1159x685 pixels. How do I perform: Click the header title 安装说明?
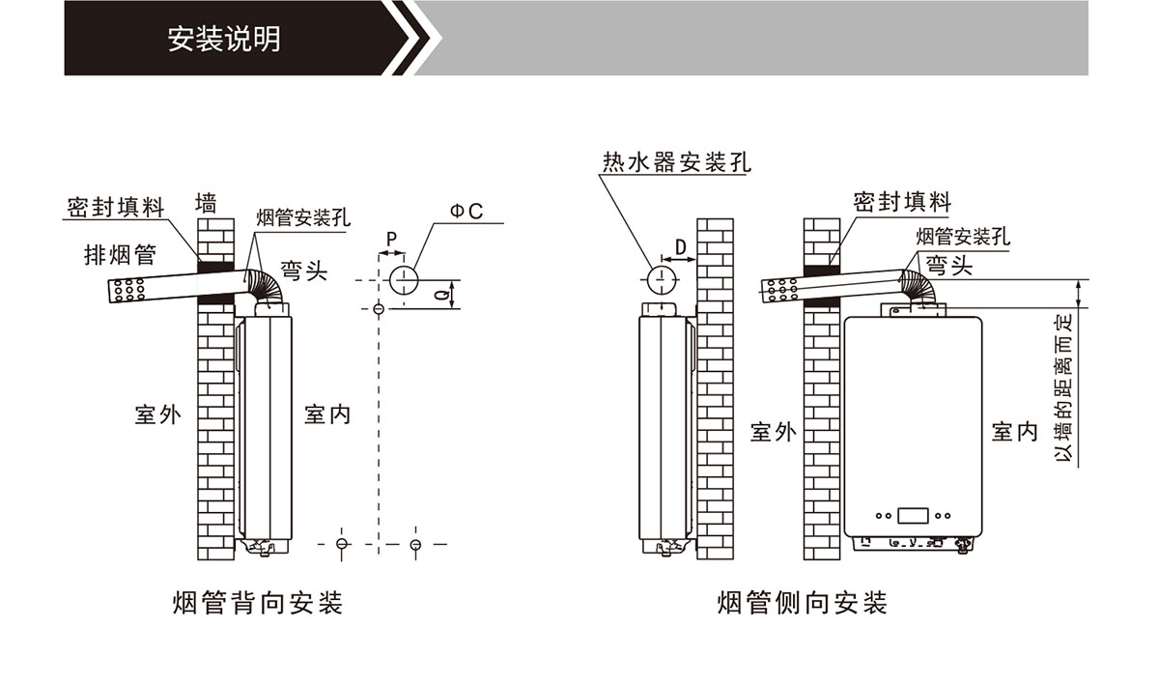(224, 40)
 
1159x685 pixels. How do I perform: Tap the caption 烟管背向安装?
(258, 604)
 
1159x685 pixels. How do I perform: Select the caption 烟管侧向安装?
(803, 604)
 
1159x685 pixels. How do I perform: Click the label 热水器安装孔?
(676, 161)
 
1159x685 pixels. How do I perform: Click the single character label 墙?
(206, 203)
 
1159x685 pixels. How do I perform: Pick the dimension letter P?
(391, 238)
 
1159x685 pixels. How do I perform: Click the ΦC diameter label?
(466, 211)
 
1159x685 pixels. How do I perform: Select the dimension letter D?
(680, 248)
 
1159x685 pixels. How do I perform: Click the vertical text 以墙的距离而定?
(1063, 386)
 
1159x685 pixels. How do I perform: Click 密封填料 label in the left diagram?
(116, 208)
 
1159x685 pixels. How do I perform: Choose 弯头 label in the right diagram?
(948, 266)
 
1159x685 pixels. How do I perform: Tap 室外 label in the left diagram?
(157, 415)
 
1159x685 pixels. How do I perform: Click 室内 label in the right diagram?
(1014, 431)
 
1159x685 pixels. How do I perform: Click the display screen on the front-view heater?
(913, 515)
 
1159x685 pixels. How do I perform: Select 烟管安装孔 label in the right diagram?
(962, 237)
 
